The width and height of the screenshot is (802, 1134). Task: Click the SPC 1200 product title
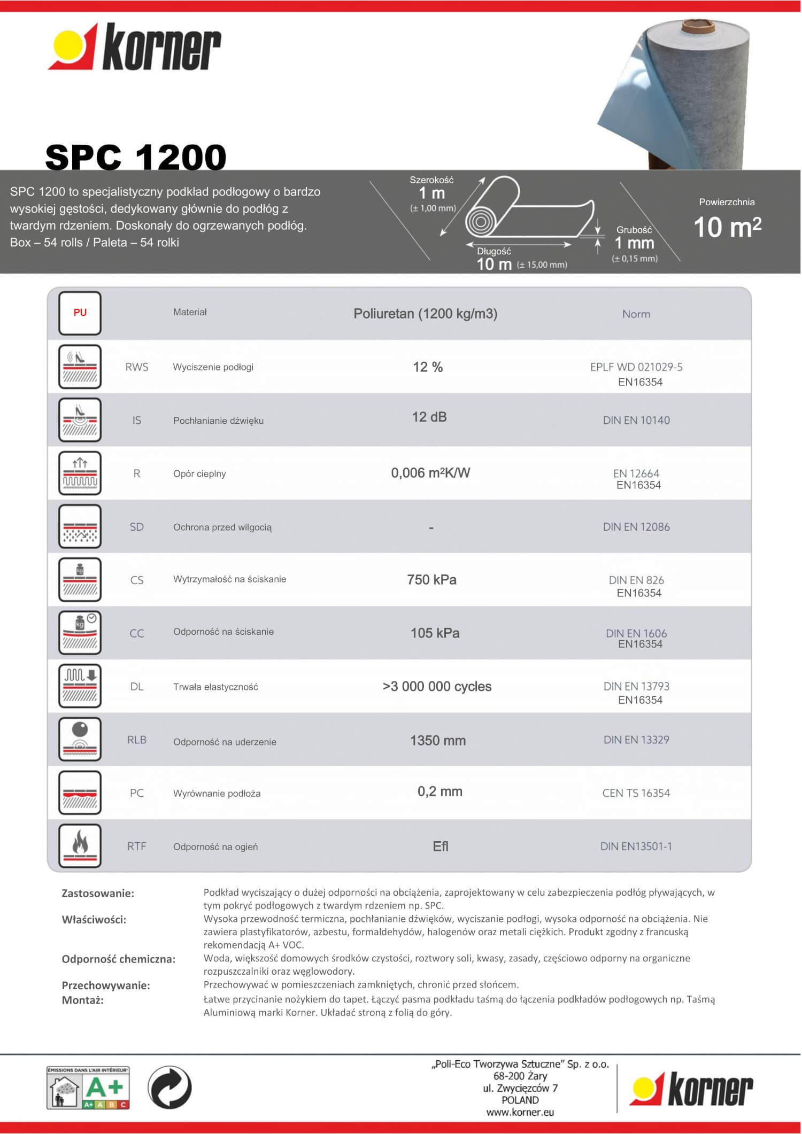click(x=136, y=157)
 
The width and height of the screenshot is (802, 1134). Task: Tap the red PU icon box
click(x=80, y=313)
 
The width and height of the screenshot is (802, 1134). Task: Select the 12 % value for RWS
click(x=428, y=367)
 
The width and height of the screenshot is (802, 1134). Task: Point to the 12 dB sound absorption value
click(x=429, y=417)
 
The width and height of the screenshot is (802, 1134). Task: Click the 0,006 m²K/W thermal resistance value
click(x=430, y=473)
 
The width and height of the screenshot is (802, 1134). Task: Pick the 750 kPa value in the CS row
click(x=431, y=580)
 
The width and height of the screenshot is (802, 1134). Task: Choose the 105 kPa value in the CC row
click(x=435, y=633)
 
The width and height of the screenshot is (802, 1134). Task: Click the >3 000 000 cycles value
click(x=437, y=687)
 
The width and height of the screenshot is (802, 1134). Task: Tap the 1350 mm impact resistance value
click(x=438, y=741)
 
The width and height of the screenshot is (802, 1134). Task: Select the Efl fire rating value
click(x=441, y=846)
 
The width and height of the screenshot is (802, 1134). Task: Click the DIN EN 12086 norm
click(x=636, y=527)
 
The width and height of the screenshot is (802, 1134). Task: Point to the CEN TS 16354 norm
click(x=636, y=793)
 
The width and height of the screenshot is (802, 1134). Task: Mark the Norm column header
click(x=636, y=314)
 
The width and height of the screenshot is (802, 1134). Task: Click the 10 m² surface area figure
click(x=727, y=227)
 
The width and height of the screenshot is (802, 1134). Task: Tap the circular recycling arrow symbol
click(x=169, y=1088)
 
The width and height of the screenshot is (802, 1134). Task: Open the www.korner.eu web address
click(x=520, y=1113)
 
